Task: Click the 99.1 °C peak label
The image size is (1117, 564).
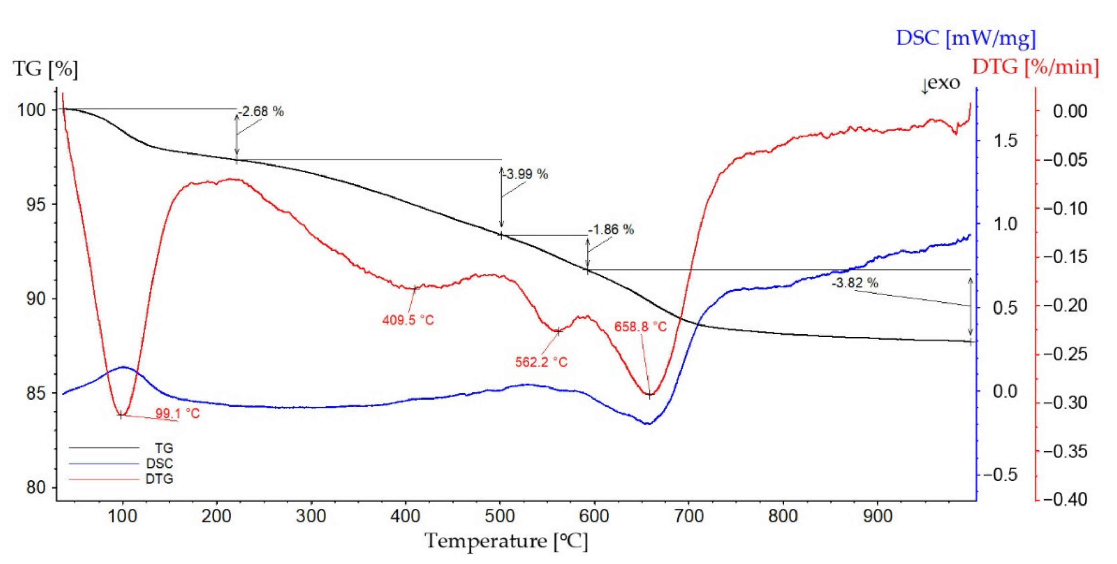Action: pos(177,414)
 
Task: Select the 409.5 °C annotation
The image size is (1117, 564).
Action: pos(408,320)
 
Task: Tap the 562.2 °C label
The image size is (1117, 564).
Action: pos(541,362)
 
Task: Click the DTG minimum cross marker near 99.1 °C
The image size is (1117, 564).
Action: pos(121,415)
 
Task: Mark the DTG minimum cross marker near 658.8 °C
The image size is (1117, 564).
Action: pos(650,395)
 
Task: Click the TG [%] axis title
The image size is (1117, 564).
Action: pos(45,69)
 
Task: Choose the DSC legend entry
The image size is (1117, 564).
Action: pos(159,464)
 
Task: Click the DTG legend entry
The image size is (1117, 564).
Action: pos(159,479)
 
